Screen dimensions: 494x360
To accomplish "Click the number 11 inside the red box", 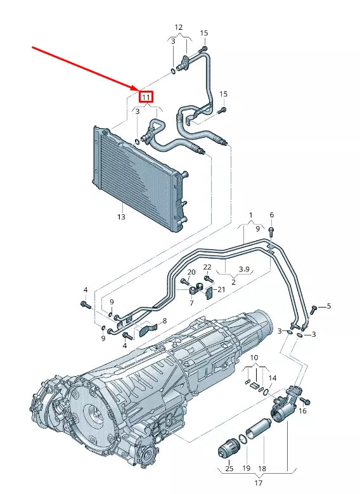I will pos(146,97).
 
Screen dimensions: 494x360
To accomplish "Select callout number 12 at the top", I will pos(179,27).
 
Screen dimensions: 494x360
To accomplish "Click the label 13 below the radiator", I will pos(121,217).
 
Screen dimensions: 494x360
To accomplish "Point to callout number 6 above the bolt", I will pos(271,215).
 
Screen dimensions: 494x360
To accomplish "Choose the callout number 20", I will pos(191,272).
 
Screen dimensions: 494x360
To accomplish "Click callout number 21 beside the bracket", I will pos(221,289).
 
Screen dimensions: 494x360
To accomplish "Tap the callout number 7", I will pos(191,304).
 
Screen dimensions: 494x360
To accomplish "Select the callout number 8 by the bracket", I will pos(164,321).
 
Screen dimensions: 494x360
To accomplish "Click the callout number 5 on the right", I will pos(329,307).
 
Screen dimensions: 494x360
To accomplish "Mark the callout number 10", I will pos(254,358).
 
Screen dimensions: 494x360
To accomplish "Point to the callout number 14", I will pos(273,378).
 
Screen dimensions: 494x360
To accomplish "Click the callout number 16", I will pos(302,412).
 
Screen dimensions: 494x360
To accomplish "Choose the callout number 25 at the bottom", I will pos(229,469).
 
